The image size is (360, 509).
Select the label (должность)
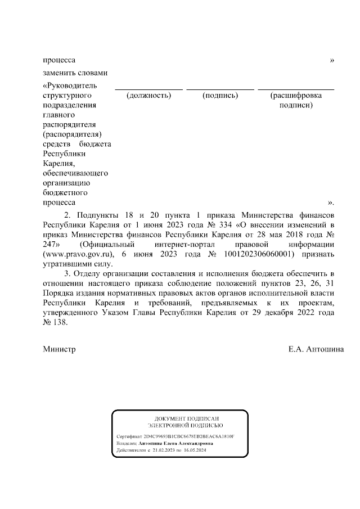tap(148, 95)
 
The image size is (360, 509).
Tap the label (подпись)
tap(220, 95)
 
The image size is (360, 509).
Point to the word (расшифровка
tap(296, 95)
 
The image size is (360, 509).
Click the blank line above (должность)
tap(148, 89)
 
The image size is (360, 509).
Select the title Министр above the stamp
tap(59, 349)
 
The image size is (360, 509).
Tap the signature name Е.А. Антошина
tap(317, 349)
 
